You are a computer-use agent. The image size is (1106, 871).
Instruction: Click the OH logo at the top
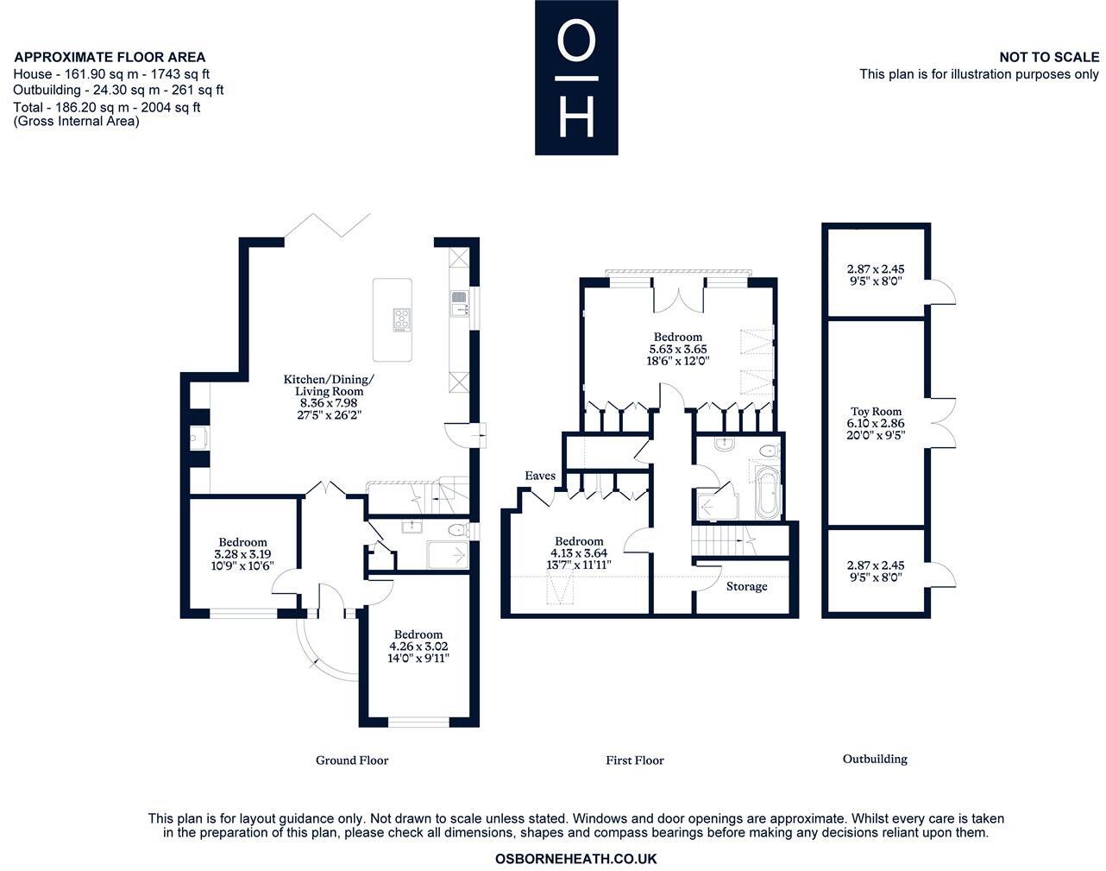pyautogui.click(x=575, y=78)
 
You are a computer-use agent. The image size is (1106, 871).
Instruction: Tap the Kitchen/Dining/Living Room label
pyautogui.click(x=329, y=391)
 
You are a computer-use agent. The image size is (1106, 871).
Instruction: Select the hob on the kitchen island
pyautogui.click(x=401, y=319)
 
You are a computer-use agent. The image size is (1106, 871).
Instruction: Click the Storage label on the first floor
pyautogui.click(x=746, y=587)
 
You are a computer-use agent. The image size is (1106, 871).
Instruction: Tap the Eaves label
pyautogui.click(x=540, y=476)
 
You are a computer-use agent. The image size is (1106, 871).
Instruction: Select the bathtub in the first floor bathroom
pyautogui.click(x=767, y=493)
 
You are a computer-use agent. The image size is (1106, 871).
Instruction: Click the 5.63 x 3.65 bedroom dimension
pyautogui.click(x=678, y=350)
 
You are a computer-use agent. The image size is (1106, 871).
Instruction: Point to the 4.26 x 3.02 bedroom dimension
pyautogui.click(x=418, y=646)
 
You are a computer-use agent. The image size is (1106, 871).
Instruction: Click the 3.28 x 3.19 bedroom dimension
pyautogui.click(x=242, y=554)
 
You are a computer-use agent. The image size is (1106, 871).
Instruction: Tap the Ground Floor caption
pyautogui.click(x=352, y=761)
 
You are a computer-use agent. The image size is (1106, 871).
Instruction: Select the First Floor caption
pyautogui.click(x=635, y=761)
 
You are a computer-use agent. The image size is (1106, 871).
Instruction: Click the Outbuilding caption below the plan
pyautogui.click(x=875, y=759)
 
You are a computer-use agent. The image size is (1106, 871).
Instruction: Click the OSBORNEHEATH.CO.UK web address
pyautogui.click(x=576, y=859)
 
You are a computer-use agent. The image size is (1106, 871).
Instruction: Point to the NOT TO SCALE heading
pyautogui.click(x=1049, y=57)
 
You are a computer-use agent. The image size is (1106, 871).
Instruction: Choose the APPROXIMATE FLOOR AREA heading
pyautogui.click(x=110, y=57)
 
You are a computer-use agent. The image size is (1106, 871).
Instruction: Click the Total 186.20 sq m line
pyautogui.click(x=107, y=108)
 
